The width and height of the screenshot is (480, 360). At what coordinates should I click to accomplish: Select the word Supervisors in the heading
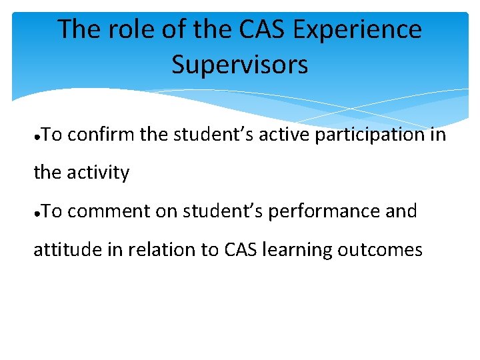click(x=239, y=65)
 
